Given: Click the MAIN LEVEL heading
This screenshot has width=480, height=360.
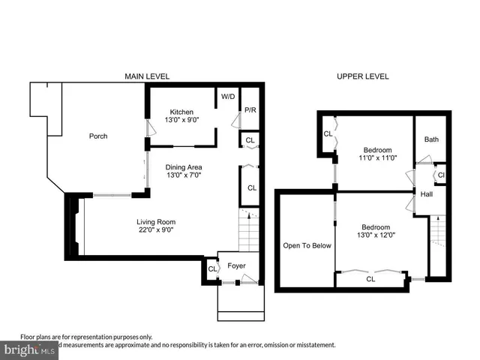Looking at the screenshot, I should [x=147, y=76].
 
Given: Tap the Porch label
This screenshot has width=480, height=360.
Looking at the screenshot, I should [x=97, y=136].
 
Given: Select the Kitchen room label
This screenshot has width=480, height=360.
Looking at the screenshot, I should [x=181, y=112].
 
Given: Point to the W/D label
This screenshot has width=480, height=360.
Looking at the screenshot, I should [x=226, y=97].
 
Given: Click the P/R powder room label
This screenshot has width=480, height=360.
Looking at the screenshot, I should [x=250, y=111].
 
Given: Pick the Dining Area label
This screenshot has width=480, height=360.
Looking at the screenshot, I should [x=183, y=166].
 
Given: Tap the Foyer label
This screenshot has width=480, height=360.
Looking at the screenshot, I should [x=238, y=265].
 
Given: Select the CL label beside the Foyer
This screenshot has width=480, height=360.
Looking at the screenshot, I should [x=212, y=268].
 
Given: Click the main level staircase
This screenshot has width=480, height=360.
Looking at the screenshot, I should [x=250, y=232].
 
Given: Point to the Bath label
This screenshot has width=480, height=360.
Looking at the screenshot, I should [x=431, y=139].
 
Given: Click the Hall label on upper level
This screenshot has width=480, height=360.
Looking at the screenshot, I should [x=427, y=194].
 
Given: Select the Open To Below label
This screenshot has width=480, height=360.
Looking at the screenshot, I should [x=306, y=245].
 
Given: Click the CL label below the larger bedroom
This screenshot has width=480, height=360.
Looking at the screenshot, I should [x=370, y=279].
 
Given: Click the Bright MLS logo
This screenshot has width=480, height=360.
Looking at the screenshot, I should [x=30, y=349].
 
